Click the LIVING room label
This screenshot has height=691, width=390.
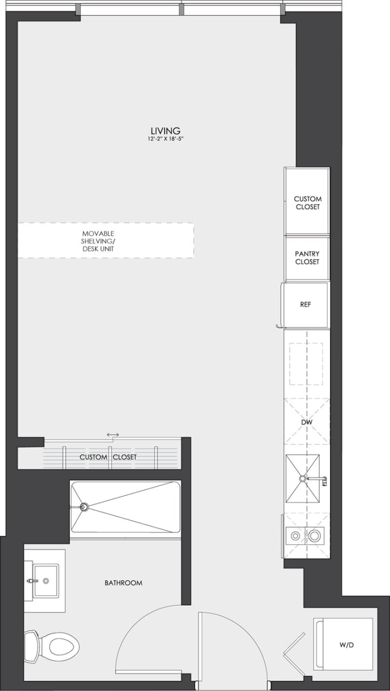pos(165,130)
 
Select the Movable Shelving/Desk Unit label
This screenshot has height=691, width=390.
pos(98,241)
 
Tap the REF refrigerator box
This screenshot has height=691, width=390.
pos(306,304)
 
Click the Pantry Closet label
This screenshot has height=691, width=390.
pos(307,258)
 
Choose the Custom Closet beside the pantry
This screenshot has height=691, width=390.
pos(307,202)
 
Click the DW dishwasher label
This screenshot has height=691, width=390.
pos(307,422)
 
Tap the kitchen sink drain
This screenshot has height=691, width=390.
pos(302,478)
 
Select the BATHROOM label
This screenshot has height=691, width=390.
pos(123,583)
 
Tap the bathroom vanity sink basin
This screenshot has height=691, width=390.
pos(46,581)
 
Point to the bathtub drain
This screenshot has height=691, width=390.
pos(84,507)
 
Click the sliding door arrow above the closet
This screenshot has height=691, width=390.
pos(113,435)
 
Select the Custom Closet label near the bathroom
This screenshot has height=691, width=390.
pos(108,457)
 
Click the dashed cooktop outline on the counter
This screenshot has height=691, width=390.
pos(306,364)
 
